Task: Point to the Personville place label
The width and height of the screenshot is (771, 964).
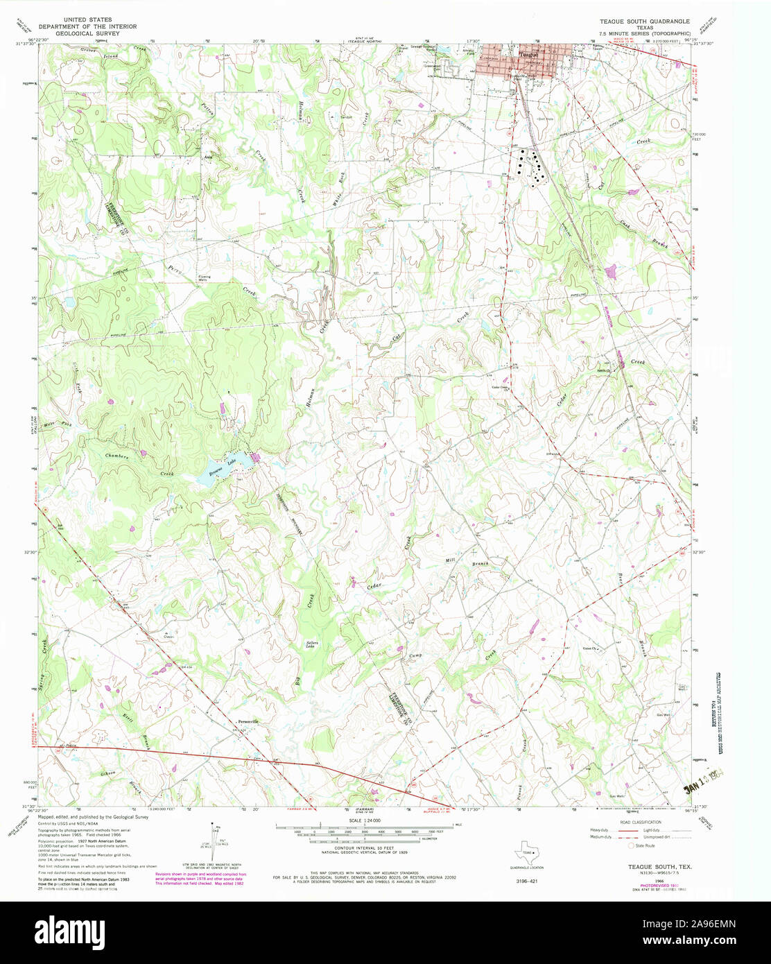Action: tap(247, 722)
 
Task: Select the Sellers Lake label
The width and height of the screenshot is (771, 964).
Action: tap(313, 644)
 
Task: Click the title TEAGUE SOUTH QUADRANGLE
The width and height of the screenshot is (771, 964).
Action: tap(644, 21)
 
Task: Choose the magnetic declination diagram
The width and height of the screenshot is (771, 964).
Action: tap(214, 838)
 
